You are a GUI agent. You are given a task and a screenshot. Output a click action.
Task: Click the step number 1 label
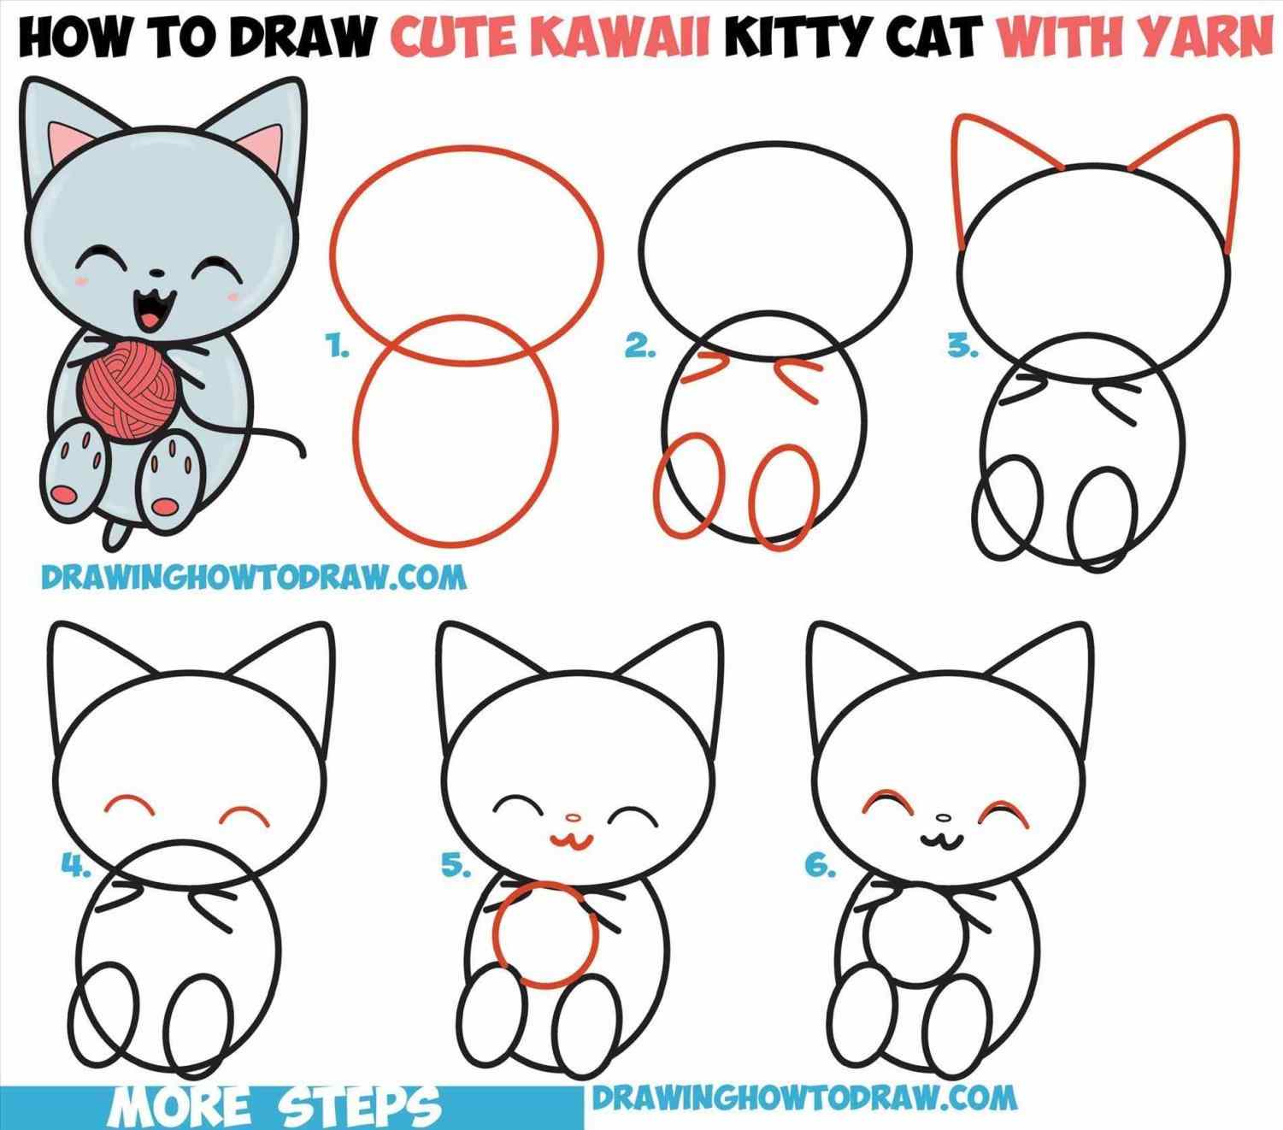[338, 348]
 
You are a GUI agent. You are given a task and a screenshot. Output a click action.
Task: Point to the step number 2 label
[640, 347]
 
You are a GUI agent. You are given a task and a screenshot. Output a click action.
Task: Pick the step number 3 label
[962, 347]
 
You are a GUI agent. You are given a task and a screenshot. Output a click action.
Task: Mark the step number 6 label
[820, 867]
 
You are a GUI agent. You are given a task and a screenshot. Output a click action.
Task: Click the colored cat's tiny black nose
[156, 274]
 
